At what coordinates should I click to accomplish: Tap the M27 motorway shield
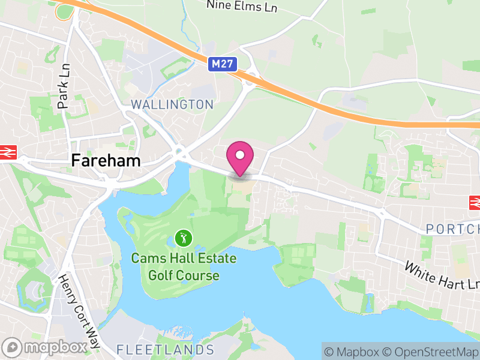pos(223,64)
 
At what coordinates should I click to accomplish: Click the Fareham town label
pos(106,160)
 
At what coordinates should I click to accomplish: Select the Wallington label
pos(172,104)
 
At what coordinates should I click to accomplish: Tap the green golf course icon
pos(184,238)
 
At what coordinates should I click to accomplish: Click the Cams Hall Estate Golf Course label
pos(184,267)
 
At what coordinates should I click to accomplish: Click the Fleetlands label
pos(165,349)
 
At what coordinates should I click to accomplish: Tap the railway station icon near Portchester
pos(475,203)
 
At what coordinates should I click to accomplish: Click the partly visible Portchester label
pos(453,229)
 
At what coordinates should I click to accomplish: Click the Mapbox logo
pos(45,347)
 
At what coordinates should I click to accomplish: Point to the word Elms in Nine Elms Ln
pos(242,5)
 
